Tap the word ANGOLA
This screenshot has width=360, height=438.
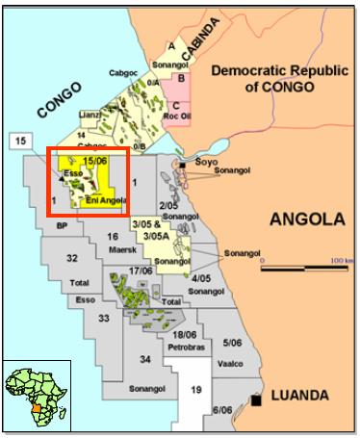[307, 219]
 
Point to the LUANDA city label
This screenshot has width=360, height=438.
[300, 396]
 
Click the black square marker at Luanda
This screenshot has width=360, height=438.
[257, 399]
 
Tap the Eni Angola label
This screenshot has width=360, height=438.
[104, 200]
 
